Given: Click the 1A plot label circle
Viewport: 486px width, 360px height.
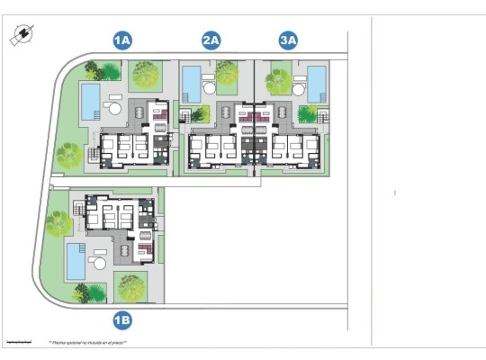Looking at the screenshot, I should click(122, 40).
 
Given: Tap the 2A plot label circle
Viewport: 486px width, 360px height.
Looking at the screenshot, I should click(211, 40).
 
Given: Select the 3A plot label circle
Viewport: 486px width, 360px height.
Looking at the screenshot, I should click(289, 40).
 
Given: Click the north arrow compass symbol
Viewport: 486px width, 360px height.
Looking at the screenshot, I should click(19, 35).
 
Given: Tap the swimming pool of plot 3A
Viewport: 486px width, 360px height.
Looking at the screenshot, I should click(316, 84).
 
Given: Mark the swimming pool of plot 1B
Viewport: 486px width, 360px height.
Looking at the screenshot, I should click(75, 261).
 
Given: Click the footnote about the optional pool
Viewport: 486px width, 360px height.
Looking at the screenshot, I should click(87, 343).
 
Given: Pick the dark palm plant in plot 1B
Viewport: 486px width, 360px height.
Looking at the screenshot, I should click(85, 290).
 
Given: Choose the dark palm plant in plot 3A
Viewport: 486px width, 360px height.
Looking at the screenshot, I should click(308, 113).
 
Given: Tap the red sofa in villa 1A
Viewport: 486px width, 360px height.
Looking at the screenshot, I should click(158, 114).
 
